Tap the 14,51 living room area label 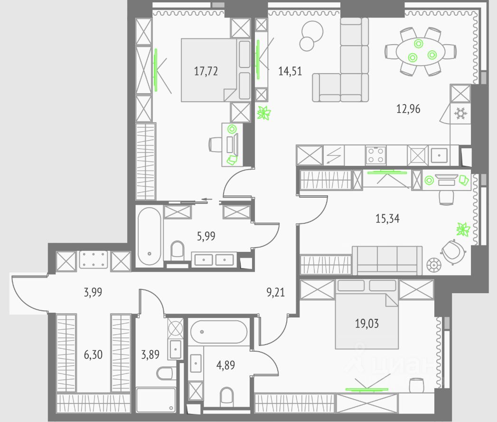(x=290, y=72)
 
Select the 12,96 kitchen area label (x=408, y=109)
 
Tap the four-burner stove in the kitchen (x=375, y=154)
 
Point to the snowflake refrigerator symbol (x=459, y=114)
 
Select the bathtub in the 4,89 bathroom (x=218, y=330)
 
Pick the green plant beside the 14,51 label (x=263, y=113)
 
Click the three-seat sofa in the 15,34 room (x=387, y=260)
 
